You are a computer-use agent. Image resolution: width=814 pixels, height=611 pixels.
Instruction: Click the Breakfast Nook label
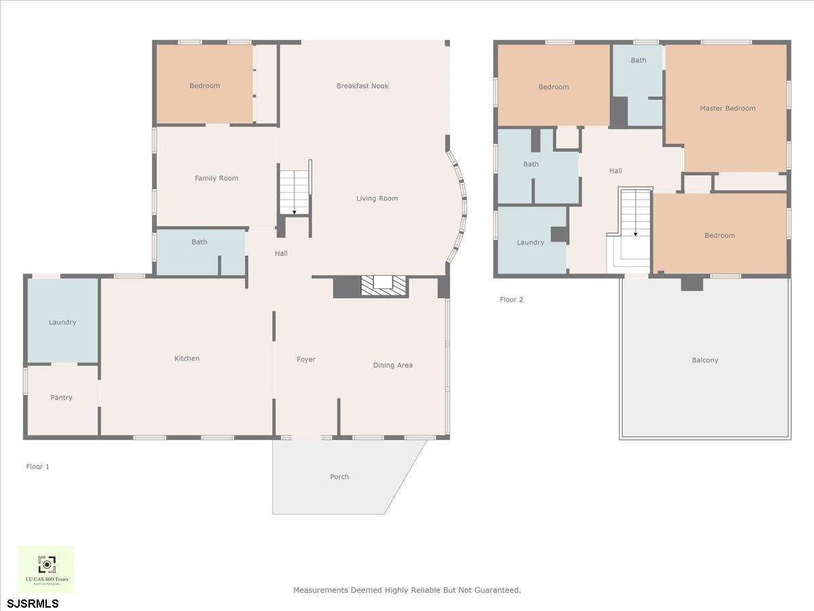[x=362, y=86]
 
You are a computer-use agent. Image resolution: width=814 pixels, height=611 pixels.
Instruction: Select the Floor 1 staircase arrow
[x=294, y=211]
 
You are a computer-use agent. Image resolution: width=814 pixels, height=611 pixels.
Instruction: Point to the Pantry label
[x=61, y=398]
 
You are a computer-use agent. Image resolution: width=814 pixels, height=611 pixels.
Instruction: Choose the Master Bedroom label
[x=727, y=109]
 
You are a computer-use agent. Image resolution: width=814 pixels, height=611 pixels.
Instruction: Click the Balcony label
[x=705, y=360]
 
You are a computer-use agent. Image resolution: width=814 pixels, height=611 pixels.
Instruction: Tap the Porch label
[x=339, y=477]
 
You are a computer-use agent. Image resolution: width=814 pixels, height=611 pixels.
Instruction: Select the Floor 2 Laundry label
[x=530, y=242]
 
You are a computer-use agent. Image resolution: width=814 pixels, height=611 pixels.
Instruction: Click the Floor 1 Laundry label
[x=62, y=322]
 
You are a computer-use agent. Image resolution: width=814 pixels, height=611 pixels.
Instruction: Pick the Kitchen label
[x=187, y=358]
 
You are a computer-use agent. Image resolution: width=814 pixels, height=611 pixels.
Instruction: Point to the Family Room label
[x=216, y=179]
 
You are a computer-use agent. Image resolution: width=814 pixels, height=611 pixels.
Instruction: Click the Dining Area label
[x=393, y=365]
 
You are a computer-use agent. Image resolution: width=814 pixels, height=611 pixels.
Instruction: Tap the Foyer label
[x=306, y=360]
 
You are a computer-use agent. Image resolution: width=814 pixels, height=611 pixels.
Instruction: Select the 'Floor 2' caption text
[x=511, y=299]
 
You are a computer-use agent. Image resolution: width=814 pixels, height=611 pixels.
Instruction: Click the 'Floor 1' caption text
[x=38, y=467]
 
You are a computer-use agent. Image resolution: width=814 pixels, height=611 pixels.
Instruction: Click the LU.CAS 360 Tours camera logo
[x=46, y=564]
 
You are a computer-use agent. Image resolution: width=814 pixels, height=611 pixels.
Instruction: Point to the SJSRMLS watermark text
[x=33, y=604]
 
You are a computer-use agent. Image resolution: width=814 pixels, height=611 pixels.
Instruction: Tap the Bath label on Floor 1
[x=199, y=242]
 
